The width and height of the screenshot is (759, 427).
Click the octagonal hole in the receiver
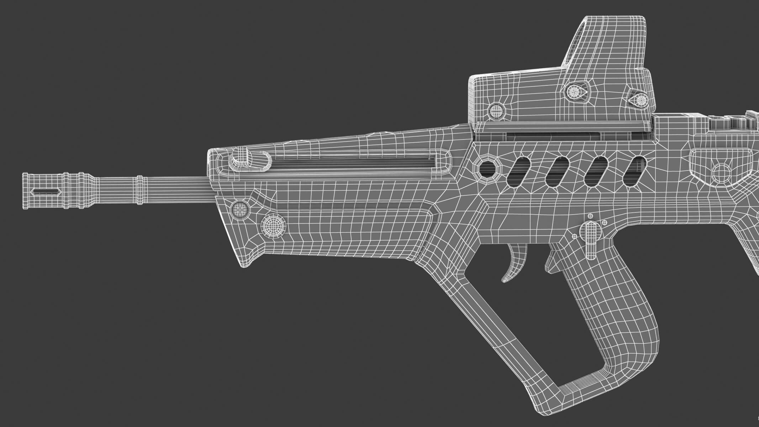point(488,168)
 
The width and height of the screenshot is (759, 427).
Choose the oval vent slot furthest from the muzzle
point(634,171)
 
